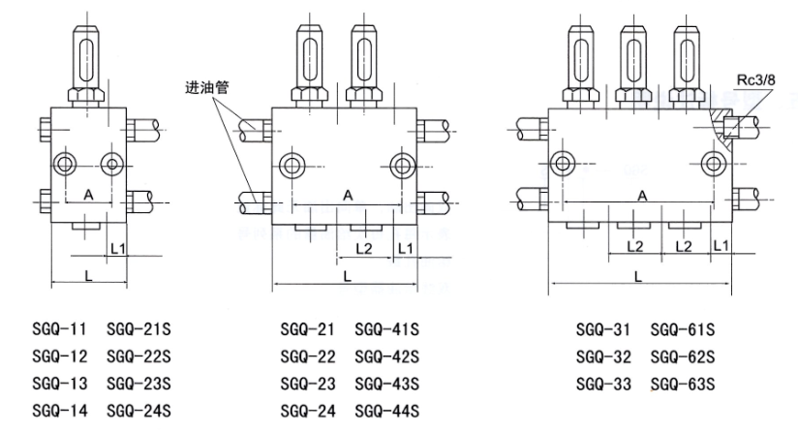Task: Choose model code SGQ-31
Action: tap(601, 330)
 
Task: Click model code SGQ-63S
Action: tap(683, 384)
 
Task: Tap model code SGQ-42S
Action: tap(387, 356)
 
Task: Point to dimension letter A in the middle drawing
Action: tap(348, 195)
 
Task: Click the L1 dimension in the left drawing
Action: tap(118, 249)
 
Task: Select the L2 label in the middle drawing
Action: tap(364, 249)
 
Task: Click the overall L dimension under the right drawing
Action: tap(637, 276)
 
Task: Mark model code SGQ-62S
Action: tap(683, 356)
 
